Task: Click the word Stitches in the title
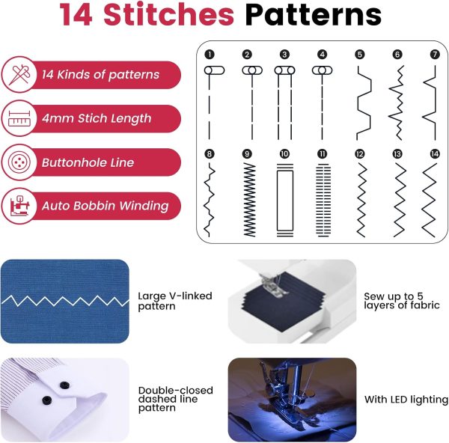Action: point(168,14)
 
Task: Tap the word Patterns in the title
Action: point(314,14)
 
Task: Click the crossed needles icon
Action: point(19,74)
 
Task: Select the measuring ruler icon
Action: point(19,118)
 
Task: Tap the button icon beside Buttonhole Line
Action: point(19,162)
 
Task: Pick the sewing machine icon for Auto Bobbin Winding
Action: point(19,206)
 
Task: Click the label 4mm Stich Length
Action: point(97,118)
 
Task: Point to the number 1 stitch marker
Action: point(210,55)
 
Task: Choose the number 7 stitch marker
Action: point(435,55)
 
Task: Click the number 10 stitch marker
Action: point(284,153)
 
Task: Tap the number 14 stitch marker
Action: point(435,153)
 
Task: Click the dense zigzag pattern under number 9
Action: point(249,200)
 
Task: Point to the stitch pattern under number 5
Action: point(364,103)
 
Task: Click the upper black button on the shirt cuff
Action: point(64,385)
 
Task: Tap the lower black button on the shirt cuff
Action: point(47,400)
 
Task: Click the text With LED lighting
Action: point(406,399)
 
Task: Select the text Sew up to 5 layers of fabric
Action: point(401,301)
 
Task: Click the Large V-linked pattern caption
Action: point(175,301)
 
